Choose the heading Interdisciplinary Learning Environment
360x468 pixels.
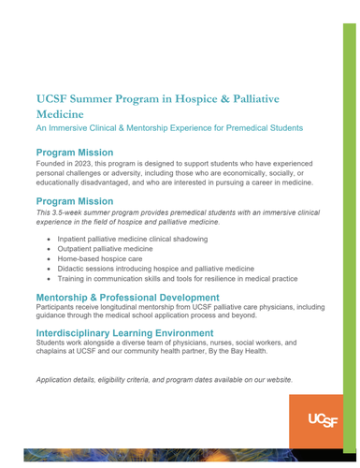point(137,332)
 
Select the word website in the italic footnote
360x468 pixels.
point(273,380)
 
